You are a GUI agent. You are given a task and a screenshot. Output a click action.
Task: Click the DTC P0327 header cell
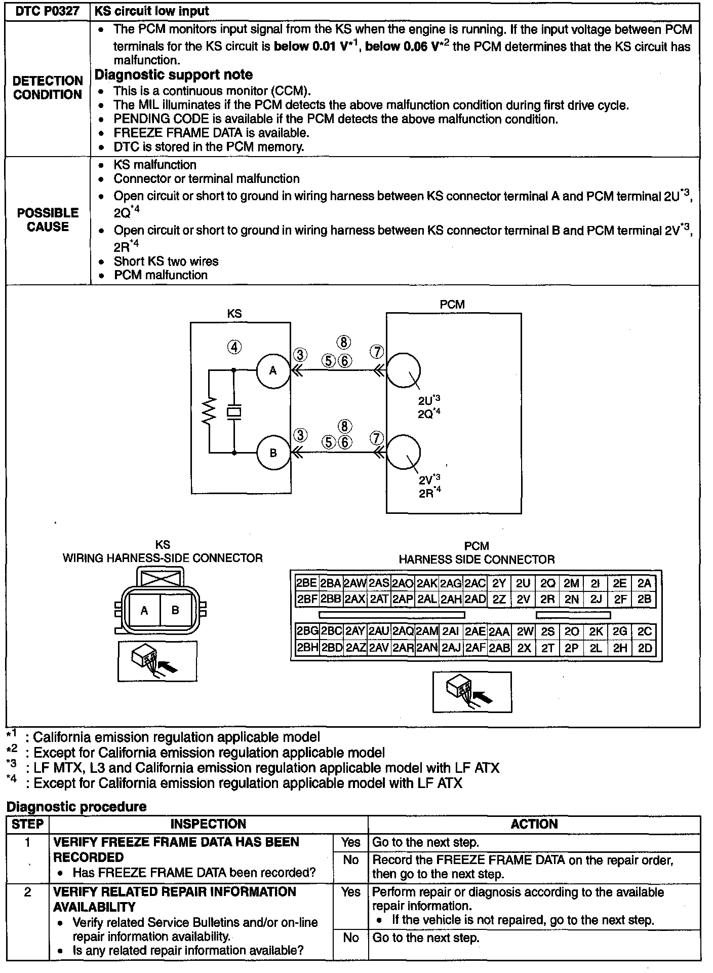click(48, 11)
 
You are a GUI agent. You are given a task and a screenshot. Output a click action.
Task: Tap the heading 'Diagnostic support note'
click(173, 75)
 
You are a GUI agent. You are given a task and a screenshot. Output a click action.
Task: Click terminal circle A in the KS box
click(273, 370)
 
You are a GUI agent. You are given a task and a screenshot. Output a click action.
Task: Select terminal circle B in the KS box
click(273, 453)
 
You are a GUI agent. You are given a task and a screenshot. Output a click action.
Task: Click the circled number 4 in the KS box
click(233, 348)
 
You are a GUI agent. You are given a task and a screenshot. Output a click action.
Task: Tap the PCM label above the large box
click(452, 304)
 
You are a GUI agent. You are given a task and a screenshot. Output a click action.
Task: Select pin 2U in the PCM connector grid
click(523, 583)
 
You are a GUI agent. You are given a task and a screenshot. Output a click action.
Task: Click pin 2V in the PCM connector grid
click(523, 600)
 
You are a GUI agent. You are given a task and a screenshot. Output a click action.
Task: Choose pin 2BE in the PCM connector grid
click(306, 583)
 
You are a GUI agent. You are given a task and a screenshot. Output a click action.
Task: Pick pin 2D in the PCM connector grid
click(645, 648)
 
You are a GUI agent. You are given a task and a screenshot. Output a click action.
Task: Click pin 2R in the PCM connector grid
click(547, 600)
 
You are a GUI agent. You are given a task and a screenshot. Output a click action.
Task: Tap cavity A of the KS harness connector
click(144, 611)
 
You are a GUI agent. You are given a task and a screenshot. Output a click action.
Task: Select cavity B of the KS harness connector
click(175, 611)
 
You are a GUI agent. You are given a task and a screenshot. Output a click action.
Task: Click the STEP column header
click(27, 824)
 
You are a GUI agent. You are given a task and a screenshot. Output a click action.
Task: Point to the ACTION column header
click(534, 824)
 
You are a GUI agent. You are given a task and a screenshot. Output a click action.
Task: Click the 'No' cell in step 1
click(350, 860)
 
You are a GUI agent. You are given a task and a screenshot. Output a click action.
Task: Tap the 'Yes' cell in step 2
click(350, 892)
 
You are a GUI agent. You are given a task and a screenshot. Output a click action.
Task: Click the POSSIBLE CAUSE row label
click(48, 219)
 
